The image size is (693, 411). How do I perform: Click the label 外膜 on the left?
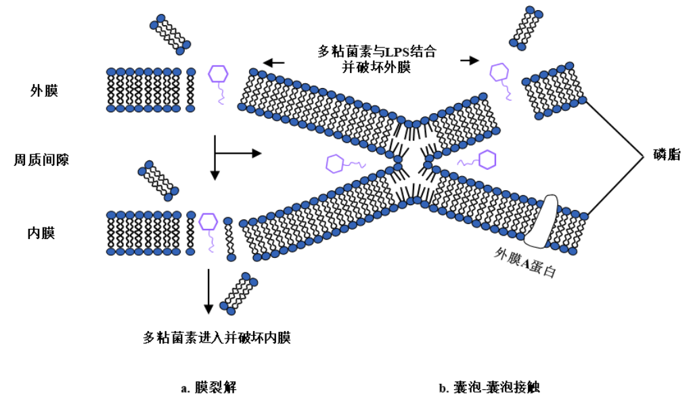(44, 90)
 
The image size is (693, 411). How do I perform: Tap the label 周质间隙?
(42, 160)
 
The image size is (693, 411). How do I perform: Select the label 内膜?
(41, 234)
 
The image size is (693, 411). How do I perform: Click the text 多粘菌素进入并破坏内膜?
(217, 337)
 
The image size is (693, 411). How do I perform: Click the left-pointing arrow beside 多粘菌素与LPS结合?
(273, 63)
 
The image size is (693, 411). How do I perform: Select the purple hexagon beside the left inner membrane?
(208, 221)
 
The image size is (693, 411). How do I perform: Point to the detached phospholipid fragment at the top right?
(527, 28)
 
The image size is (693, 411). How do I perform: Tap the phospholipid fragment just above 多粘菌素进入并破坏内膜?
(238, 292)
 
